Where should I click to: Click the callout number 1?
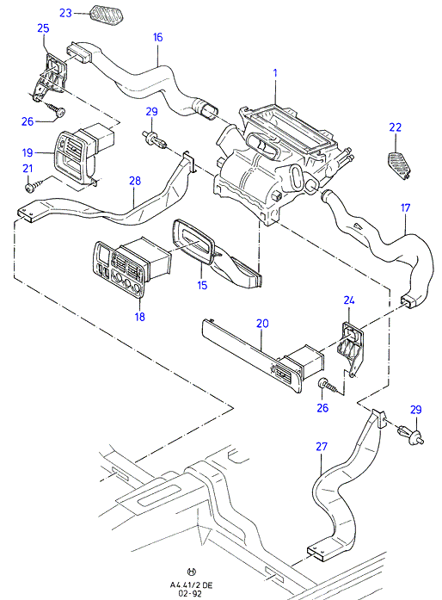point(275,72)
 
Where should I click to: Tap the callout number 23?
point(65,13)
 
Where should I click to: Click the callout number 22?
point(396,127)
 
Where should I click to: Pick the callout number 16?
point(157,37)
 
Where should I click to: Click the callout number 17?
point(405,207)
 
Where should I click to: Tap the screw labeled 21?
point(33,187)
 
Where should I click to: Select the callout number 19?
point(28,152)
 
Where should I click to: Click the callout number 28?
point(135,181)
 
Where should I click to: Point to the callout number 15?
point(202,285)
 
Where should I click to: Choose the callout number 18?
point(140,317)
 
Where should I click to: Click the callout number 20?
point(262,324)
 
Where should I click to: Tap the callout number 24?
point(349,300)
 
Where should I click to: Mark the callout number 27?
point(322,446)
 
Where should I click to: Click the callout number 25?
point(43,28)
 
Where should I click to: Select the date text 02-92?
point(191,593)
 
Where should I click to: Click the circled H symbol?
point(192,572)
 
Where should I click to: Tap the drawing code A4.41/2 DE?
point(191,585)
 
